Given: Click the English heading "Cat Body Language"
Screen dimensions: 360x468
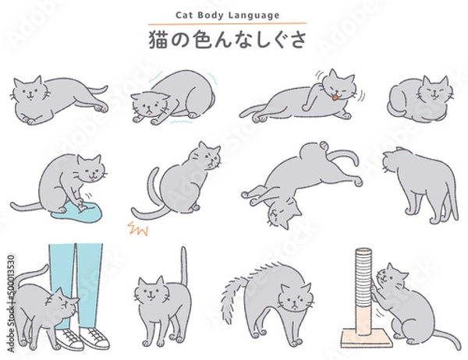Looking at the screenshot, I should [233, 14].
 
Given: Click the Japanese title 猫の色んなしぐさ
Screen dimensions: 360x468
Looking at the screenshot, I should [233, 38].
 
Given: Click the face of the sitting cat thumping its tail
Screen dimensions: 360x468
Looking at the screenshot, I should [206, 159].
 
